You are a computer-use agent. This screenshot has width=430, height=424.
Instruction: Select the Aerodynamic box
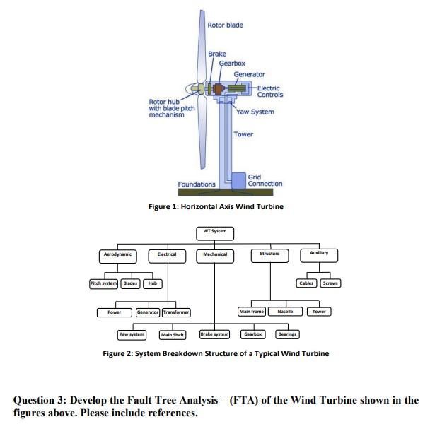click(117, 254)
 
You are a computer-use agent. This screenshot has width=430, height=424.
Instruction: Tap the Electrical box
click(166, 254)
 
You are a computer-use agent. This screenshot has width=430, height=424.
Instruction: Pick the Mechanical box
click(214, 254)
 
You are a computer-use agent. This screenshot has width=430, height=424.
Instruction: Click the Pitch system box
click(103, 283)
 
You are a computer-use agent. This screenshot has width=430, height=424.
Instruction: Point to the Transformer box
click(175, 312)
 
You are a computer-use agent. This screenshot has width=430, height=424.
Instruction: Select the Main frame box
click(252, 312)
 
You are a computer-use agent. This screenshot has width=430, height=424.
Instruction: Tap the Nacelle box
click(285, 312)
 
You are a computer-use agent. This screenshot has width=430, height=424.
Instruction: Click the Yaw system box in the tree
click(132, 334)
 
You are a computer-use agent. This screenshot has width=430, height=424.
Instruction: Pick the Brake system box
click(214, 334)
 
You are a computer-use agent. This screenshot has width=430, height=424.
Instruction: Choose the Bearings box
click(286, 334)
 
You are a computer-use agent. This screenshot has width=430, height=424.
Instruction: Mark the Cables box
click(306, 283)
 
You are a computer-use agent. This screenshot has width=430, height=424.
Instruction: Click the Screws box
click(330, 283)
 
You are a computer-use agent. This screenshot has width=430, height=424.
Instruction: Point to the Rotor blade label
click(225, 25)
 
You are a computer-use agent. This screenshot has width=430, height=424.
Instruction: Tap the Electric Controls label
click(269, 91)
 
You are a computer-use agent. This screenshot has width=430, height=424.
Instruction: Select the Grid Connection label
click(265, 180)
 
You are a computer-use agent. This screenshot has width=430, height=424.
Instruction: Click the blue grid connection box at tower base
click(238, 180)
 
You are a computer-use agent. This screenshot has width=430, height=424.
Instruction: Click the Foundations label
click(197, 184)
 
